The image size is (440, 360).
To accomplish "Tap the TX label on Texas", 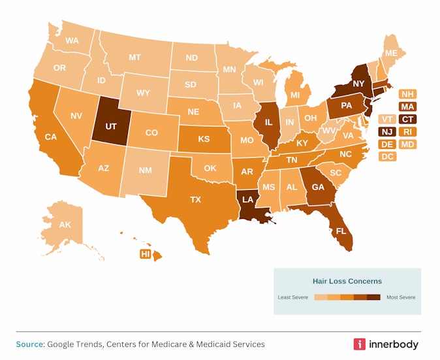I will (x=195, y=200).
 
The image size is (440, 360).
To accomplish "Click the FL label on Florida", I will (x=339, y=231).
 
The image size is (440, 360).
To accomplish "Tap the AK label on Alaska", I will (x=65, y=225).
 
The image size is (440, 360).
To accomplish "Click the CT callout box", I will (x=407, y=119).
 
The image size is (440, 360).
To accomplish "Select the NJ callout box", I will (x=386, y=131).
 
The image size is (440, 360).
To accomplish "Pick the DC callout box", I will (x=386, y=156).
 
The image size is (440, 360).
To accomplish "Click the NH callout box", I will (x=407, y=94).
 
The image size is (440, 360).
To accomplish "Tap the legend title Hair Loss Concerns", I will (x=347, y=281).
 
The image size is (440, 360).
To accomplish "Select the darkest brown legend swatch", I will (x=373, y=297).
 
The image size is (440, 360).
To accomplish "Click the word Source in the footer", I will (x=29, y=344).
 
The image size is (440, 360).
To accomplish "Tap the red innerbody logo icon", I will (x=359, y=344).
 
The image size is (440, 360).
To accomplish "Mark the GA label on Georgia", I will (x=318, y=186).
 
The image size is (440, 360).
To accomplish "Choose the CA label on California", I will (x=50, y=137).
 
